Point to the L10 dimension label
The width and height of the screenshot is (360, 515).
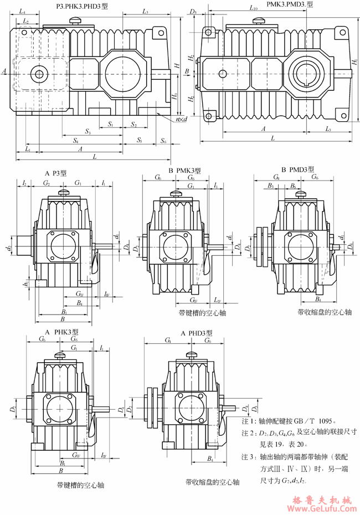(254, 8)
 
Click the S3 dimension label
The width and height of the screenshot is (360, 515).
(88, 131)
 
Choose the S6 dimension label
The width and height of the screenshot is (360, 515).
(163, 141)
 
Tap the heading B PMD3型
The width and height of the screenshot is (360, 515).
(297, 169)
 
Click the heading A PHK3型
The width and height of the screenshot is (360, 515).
(63, 332)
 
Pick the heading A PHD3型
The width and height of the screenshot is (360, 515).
(197, 333)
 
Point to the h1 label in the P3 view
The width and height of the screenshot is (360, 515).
(25, 284)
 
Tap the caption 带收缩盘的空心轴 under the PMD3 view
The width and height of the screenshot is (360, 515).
(325, 312)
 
